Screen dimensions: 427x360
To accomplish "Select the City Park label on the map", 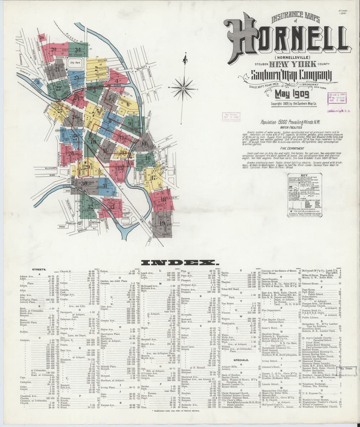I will pos(76,63).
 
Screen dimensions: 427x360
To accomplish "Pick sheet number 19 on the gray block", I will pos(162,224).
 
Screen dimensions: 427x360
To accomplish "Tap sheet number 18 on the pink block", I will pos(163,199).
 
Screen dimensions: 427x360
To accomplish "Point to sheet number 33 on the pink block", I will pos(112,206).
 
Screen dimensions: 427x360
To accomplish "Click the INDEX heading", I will pos(179,263).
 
